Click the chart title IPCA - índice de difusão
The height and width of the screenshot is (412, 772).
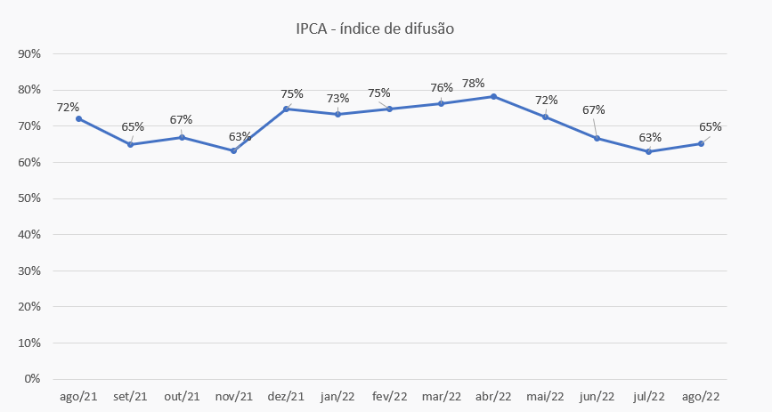375,28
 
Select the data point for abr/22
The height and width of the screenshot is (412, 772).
493,96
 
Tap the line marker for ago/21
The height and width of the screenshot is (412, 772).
78,118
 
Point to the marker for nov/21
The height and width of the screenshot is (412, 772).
233,150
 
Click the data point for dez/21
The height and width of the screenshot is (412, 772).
286,109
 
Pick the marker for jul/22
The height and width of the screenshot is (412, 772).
649,151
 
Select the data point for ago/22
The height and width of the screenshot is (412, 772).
701,143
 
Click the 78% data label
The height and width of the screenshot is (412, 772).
474,83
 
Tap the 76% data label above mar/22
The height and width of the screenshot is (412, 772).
442,88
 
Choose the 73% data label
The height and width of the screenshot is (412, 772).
338,98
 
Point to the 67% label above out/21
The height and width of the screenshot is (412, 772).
181,120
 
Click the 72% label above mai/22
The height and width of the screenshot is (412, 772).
545,100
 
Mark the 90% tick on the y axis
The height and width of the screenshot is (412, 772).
29,54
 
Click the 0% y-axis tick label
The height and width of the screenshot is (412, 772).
33,379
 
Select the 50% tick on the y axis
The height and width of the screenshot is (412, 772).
29,198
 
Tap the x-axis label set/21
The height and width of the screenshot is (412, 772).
130,397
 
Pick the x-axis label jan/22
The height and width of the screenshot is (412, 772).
337,397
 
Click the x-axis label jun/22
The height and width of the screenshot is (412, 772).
597,397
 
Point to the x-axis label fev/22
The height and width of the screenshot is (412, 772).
389,397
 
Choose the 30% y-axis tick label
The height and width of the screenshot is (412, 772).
29,271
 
